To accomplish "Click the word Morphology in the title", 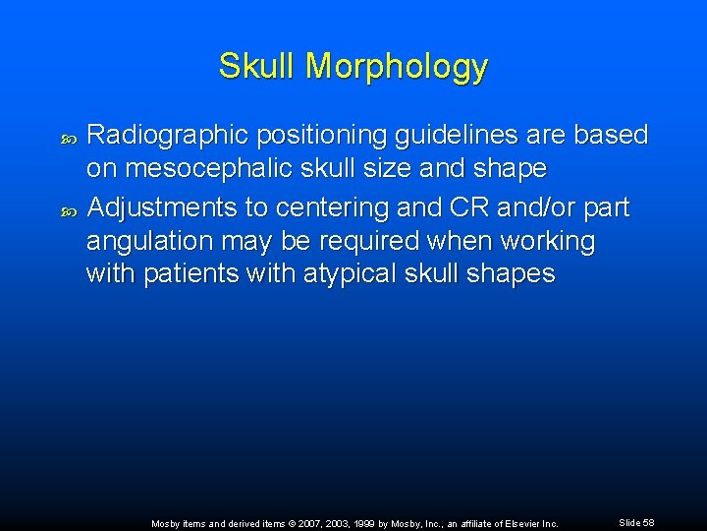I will (397, 67).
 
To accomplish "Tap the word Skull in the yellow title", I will (257, 66).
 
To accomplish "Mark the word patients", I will (189, 273).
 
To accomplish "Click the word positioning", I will (318, 136).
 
